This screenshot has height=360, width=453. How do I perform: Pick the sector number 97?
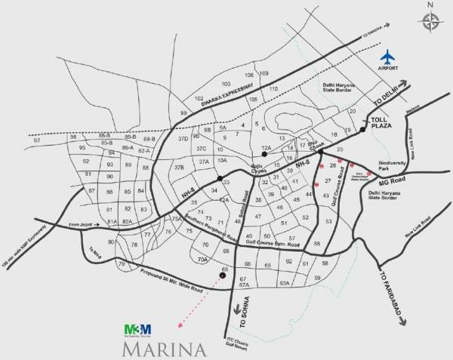[x=36, y=141]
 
